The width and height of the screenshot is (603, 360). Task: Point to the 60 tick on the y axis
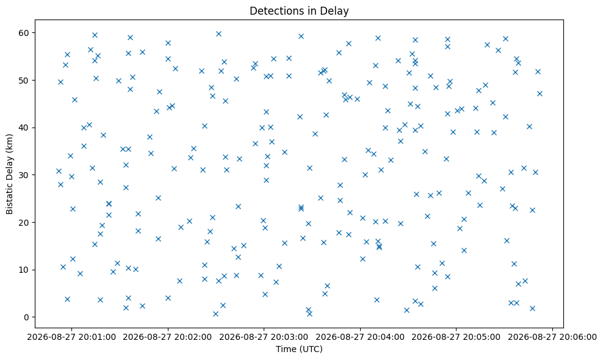pyautogui.click(x=24, y=33)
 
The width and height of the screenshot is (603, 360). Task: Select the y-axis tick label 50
pyautogui.click(x=24, y=81)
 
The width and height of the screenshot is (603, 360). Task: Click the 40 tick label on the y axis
pyautogui.click(x=24, y=128)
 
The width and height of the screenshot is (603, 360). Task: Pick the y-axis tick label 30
pyautogui.click(x=24, y=175)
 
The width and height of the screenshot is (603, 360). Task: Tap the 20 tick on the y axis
pyautogui.click(x=24, y=222)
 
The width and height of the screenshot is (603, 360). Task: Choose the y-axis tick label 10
pyautogui.click(x=24, y=270)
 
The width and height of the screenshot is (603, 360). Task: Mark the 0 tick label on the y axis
pyautogui.click(x=26, y=317)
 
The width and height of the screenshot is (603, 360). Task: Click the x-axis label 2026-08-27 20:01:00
pyautogui.click(x=71, y=337)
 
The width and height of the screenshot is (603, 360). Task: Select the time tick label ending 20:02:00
pyautogui.click(x=168, y=337)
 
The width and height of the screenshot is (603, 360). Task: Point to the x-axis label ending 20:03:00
pyautogui.click(x=264, y=337)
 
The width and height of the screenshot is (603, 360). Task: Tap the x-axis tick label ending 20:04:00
pyautogui.click(x=360, y=337)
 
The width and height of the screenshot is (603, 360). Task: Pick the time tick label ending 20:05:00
pyautogui.click(x=457, y=337)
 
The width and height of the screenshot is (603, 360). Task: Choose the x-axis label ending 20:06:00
pyautogui.click(x=552, y=337)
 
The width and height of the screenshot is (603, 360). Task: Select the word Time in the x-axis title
pyautogui.click(x=286, y=349)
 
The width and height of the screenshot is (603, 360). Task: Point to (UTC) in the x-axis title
pyautogui.click(x=310, y=349)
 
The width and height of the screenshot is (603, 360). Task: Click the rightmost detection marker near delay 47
pyautogui.click(x=540, y=93)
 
